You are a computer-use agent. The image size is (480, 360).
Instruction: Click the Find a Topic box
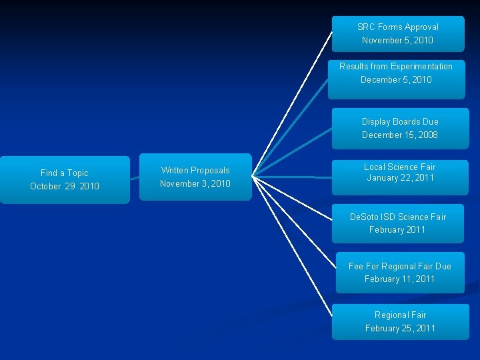coord(65,179)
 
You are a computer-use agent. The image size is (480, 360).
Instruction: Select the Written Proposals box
coord(195,177)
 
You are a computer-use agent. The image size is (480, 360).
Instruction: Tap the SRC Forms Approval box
coord(398,33)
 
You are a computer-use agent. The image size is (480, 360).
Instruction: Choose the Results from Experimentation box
coord(396,79)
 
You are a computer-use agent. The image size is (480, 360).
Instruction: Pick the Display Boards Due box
coord(400,128)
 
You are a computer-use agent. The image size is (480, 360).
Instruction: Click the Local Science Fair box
coord(400,177)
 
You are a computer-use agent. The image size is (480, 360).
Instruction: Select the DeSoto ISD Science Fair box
coord(398,223)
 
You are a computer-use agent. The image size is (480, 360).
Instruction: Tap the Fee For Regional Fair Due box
coord(400,273)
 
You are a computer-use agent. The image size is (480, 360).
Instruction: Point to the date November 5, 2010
coord(397,41)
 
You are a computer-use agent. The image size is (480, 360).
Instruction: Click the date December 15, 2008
coord(400,135)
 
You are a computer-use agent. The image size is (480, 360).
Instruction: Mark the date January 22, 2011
coord(400,178)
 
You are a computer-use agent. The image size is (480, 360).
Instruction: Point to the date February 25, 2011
coord(400,328)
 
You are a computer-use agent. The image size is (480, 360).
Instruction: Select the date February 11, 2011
coord(399,279)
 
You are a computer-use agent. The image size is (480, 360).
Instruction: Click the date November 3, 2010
coord(195,184)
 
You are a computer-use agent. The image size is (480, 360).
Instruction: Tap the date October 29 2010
coord(65,187)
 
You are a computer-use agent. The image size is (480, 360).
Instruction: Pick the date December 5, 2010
coord(396,80)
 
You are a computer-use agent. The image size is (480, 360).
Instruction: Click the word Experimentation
coord(421,67)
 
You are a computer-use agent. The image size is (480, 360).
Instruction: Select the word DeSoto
coord(364,217)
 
